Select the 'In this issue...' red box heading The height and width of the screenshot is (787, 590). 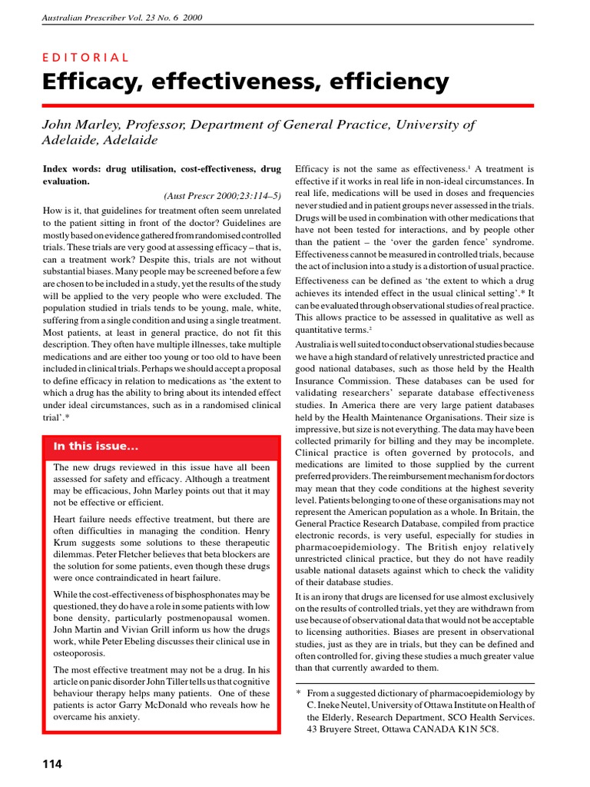96,447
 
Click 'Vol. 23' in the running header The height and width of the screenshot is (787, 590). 136,18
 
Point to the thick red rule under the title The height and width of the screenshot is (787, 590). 288,105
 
